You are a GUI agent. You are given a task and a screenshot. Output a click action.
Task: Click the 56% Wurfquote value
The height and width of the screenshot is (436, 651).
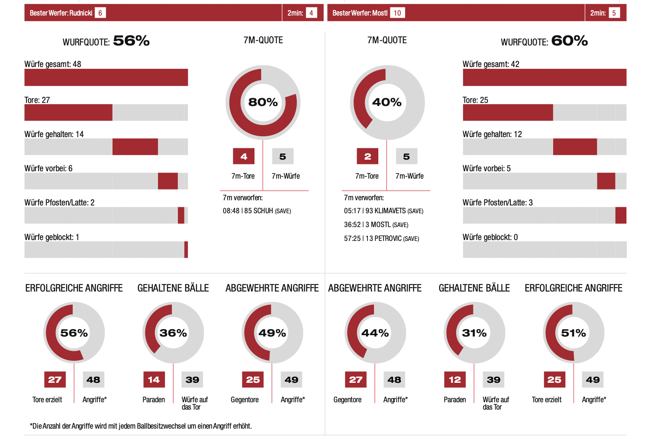tap(131, 41)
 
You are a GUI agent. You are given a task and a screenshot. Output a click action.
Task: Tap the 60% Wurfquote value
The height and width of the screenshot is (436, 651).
tap(569, 41)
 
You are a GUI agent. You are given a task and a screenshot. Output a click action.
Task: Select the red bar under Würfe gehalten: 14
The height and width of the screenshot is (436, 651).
tap(135, 147)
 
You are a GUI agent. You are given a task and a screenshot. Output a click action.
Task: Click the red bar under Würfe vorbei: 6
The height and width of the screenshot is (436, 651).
tap(168, 181)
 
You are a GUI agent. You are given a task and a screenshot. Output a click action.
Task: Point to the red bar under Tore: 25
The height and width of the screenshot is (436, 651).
tap(508, 112)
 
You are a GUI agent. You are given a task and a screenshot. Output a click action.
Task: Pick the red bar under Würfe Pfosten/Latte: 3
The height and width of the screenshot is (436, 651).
tap(621, 215)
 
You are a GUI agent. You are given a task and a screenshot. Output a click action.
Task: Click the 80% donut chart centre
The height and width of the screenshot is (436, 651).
tap(263, 102)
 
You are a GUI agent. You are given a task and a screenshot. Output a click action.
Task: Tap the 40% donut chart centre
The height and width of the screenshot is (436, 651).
tap(387, 102)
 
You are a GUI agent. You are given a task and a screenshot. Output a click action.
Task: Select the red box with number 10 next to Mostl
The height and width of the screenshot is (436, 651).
tap(397, 13)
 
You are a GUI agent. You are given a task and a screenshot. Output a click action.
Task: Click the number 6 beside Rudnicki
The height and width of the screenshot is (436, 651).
tap(100, 13)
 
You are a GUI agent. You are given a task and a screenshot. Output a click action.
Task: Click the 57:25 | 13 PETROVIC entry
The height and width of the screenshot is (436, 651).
tap(381, 238)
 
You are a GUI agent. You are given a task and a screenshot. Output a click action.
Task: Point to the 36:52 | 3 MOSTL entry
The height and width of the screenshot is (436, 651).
tap(376, 224)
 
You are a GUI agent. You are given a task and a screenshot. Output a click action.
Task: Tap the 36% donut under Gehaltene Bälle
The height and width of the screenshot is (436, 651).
tap(173, 333)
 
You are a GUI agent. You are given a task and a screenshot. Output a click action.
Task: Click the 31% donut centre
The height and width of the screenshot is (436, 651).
tap(474, 333)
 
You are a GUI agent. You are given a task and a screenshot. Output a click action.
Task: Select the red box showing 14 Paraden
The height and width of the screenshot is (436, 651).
tap(154, 380)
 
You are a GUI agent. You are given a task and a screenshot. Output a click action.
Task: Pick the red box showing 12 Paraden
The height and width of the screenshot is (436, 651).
tap(455, 380)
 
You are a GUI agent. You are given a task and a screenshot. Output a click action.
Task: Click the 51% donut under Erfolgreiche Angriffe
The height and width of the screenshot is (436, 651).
tap(574, 333)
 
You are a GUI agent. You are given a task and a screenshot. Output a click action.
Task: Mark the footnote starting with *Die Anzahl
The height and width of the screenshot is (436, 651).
tap(141, 426)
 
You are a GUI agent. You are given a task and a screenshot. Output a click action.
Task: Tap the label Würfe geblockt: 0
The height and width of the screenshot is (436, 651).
tap(490, 237)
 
